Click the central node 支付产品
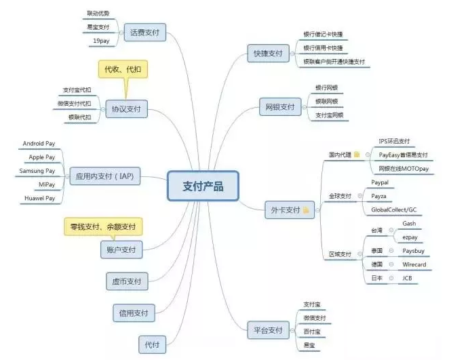point(203,186)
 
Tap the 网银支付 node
point(279,107)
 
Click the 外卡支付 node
point(285,210)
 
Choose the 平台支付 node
point(265,330)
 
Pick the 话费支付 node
point(144,31)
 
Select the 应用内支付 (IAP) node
point(105,178)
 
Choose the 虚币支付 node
point(127,281)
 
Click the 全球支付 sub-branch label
point(340,196)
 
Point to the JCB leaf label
point(408,278)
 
